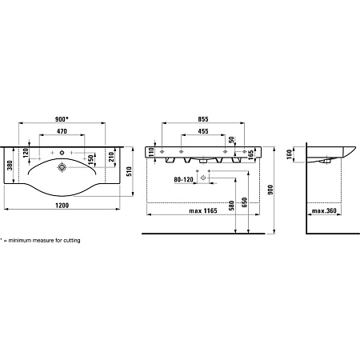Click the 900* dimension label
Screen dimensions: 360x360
(62, 119)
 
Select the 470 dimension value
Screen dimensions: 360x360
(62, 131)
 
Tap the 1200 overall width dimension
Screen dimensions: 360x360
(62, 206)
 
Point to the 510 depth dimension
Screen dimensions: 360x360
(129, 171)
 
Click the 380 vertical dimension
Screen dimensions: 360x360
(10, 166)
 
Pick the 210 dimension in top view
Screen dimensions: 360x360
(111, 157)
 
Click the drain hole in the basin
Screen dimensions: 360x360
(62, 167)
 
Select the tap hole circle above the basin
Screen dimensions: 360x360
(62, 153)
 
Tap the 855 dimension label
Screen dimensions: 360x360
(203, 119)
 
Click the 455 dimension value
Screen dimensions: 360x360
(203, 131)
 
